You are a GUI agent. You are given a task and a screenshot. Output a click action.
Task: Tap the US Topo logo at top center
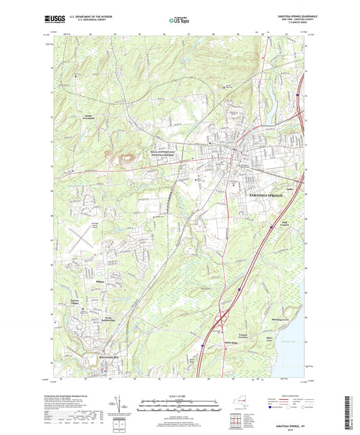177,21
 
